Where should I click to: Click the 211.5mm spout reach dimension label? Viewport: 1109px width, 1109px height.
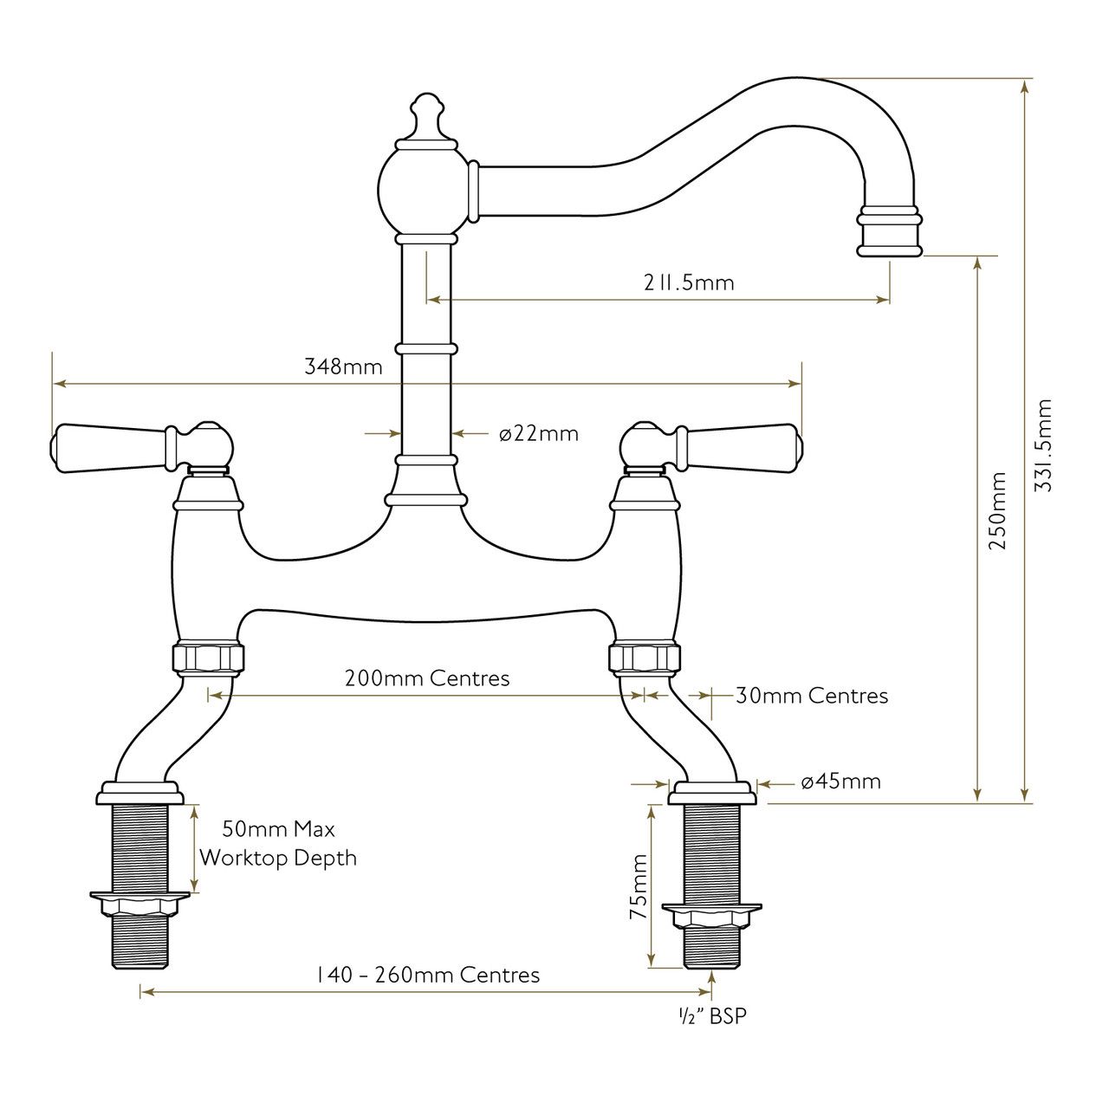point(688,282)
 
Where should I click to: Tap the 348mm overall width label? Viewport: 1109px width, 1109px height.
point(344,366)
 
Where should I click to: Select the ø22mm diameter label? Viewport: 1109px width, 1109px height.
point(539,433)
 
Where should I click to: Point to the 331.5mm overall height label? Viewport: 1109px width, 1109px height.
point(1043,444)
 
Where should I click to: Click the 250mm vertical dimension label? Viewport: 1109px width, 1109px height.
point(997,511)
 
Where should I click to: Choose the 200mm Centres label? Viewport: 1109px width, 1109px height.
point(427,678)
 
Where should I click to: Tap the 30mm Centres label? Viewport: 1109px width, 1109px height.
point(812,696)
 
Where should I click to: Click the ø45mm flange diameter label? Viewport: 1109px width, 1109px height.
point(840,781)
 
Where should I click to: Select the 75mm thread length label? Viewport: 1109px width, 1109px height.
point(639,886)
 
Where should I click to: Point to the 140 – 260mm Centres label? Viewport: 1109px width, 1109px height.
point(429,975)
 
